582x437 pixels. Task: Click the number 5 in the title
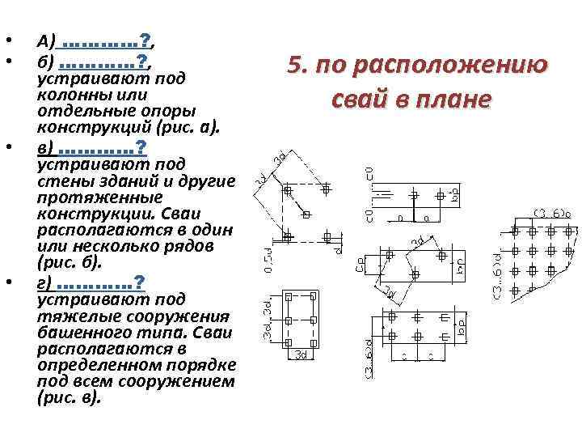[x=294, y=66]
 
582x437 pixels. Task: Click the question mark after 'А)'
[x=144, y=40]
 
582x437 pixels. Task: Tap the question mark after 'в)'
[x=141, y=148]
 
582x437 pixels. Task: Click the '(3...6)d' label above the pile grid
[x=551, y=214]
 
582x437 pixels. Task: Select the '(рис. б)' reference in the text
[x=67, y=263]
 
